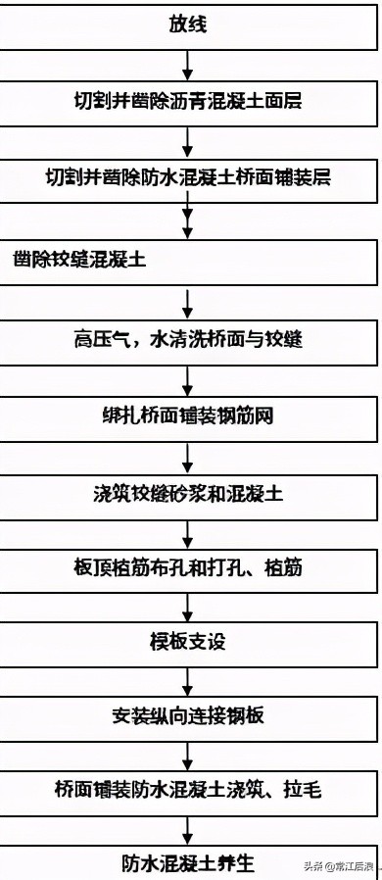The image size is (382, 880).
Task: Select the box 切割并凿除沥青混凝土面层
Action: (188, 100)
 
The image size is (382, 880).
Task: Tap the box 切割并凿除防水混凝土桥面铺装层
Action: (188, 179)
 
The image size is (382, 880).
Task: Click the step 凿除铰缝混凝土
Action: (188, 259)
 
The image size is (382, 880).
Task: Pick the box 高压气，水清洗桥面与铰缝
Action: (188, 339)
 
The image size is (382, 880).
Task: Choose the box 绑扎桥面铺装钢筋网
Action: (188, 416)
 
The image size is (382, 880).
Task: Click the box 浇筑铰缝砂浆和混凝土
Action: (188, 494)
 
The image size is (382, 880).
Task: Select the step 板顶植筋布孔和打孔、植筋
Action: (188, 567)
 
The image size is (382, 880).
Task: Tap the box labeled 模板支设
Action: (188, 642)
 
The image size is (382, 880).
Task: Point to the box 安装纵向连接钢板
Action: (188, 715)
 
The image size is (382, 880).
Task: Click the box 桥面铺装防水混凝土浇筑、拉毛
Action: (188, 789)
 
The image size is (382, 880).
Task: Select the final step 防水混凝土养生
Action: (188, 861)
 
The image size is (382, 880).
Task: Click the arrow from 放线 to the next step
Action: (188, 63)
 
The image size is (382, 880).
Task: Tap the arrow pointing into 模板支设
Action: (188, 606)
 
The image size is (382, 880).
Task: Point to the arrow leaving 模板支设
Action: (188, 679)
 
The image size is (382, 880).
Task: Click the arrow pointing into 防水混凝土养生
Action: (188, 826)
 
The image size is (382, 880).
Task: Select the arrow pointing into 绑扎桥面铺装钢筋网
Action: (188, 378)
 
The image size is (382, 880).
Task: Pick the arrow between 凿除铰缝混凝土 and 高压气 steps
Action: (188, 299)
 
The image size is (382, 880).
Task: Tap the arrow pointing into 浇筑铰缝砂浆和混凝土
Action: (188, 456)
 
